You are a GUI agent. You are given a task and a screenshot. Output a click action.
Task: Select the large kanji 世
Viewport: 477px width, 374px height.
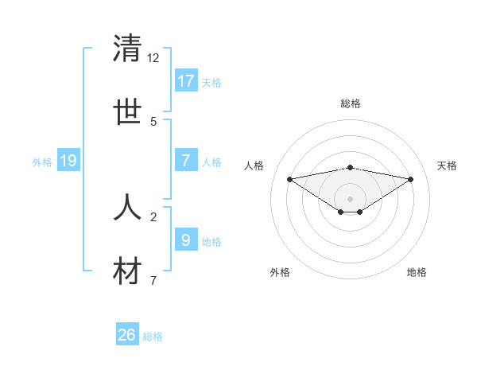(127, 112)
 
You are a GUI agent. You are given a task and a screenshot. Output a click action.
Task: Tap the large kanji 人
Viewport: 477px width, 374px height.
(127, 208)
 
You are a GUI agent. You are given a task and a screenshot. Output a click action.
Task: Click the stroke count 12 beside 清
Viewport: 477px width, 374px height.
(153, 58)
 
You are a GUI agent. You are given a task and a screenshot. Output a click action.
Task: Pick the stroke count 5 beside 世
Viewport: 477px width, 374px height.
(153, 122)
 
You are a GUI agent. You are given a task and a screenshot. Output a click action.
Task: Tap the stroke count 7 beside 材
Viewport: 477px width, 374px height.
(153, 281)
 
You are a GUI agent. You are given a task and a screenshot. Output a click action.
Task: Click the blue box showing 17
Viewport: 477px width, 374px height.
(186, 80)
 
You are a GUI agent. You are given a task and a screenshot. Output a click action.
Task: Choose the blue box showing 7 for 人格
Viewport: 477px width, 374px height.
(186, 160)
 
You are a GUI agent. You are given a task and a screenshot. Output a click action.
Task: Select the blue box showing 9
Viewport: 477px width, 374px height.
(186, 240)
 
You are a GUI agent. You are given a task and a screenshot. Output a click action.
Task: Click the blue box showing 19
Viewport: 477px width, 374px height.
(68, 161)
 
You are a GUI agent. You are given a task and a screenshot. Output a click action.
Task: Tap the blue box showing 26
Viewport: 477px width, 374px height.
(127, 335)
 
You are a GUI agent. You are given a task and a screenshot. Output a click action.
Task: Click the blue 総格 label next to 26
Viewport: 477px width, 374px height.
(153, 337)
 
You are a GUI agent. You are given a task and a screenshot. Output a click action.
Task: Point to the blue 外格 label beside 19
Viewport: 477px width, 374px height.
(42, 162)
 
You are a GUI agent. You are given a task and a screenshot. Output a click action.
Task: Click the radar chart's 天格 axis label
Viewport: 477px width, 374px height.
(448, 166)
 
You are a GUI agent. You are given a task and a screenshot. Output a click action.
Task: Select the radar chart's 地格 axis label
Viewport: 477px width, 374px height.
(417, 272)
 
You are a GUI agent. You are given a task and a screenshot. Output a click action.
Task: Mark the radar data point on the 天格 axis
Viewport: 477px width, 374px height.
(411, 179)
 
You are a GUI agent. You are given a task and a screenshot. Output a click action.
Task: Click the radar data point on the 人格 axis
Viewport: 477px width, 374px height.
(290, 179)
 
